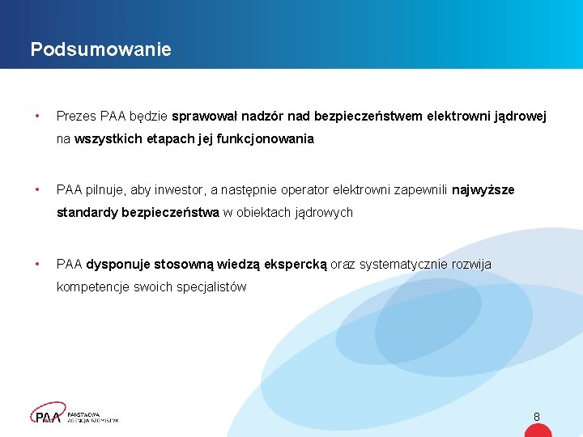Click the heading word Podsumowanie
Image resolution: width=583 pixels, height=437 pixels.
point(100,49)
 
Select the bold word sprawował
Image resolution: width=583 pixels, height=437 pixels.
point(202,117)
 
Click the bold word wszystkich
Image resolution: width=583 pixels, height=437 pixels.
point(106,139)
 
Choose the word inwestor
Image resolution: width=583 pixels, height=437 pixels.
point(179,190)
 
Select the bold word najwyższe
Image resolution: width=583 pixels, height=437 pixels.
point(483,190)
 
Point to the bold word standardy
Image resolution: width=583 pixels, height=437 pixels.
point(87,213)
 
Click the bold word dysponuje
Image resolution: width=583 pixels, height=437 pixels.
point(118,265)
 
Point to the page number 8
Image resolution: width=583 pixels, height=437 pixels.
point(536,417)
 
